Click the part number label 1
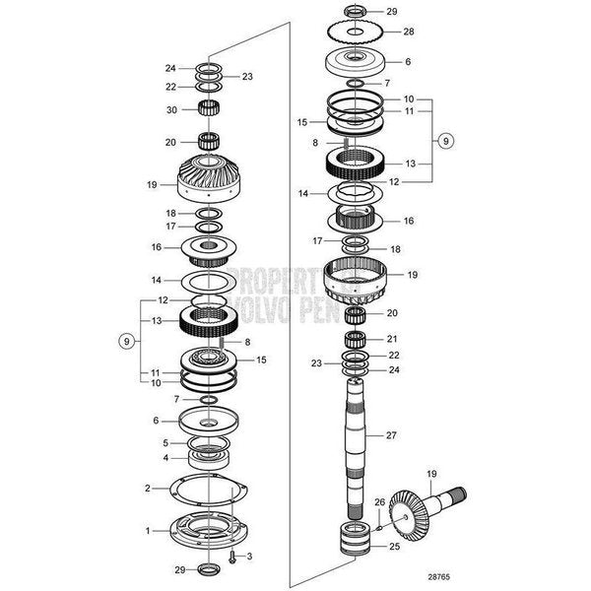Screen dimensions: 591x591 [148, 531]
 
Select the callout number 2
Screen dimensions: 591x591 [148, 488]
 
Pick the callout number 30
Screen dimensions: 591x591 [170, 109]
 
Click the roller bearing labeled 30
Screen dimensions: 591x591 [208, 108]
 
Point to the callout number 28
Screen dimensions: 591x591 [409, 32]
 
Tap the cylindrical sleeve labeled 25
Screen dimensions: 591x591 [352, 543]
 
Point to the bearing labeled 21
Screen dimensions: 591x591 [357, 340]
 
